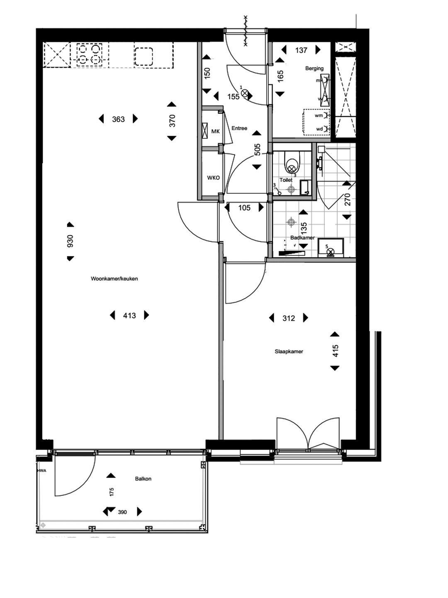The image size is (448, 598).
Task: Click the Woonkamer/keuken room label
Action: coord(114,279)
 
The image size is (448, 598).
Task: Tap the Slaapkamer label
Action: coord(289,351)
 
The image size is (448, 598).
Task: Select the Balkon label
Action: coord(143,479)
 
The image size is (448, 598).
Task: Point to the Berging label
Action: coord(314,69)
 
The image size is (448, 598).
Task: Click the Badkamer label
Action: coord(302,238)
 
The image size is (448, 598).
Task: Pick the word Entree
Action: coord(239,128)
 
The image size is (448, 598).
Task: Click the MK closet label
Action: coord(215,132)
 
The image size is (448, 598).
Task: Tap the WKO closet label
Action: coord(213,178)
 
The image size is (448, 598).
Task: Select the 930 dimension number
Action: coord(70,241)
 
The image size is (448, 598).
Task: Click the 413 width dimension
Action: coord(129,316)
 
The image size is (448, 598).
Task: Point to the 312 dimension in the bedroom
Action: coord(289,318)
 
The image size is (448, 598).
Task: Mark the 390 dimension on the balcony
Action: coord(122,512)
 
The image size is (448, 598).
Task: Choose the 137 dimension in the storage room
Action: coord(301,50)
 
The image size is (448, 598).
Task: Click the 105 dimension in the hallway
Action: coord(244,208)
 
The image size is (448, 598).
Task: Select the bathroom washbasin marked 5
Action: coord(330,248)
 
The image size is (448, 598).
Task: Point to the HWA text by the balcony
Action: coord(41,471)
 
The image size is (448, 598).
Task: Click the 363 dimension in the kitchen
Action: coord(118,119)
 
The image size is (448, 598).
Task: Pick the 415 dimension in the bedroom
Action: coord(336,351)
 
